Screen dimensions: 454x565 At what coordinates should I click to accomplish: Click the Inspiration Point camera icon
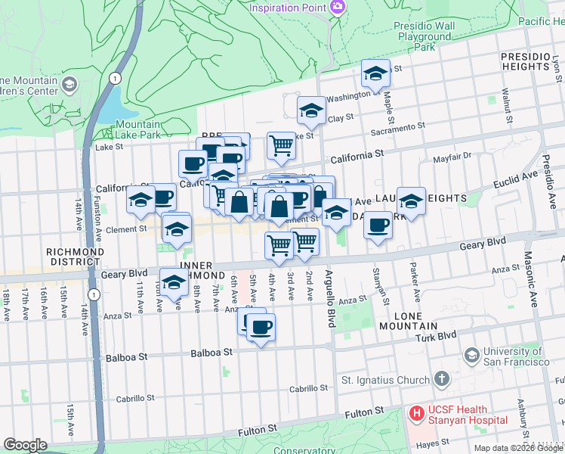338,8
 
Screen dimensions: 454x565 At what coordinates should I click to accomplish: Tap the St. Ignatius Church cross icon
442,378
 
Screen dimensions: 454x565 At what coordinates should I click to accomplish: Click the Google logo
25,445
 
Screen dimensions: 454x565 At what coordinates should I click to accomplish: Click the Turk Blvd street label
436,334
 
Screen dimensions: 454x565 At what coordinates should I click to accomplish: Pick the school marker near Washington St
375,74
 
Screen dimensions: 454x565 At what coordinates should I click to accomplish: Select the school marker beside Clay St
311,111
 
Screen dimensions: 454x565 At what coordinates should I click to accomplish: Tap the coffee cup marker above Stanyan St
378,225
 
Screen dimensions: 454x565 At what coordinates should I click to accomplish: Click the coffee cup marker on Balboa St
261,328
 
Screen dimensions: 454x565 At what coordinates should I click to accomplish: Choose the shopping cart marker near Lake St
281,145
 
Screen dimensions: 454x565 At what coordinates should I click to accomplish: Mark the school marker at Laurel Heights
411,201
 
